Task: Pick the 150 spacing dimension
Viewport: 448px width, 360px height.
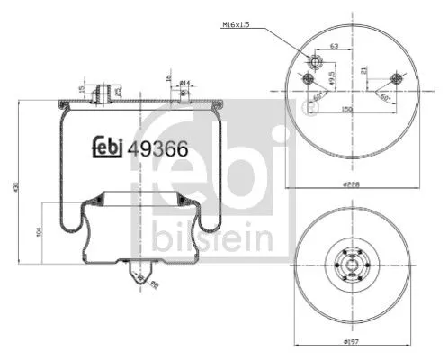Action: [345, 108]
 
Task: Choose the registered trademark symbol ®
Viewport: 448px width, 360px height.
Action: [309, 111]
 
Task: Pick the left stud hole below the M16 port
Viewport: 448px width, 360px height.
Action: [309, 83]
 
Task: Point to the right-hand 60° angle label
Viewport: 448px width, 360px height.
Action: [385, 95]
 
